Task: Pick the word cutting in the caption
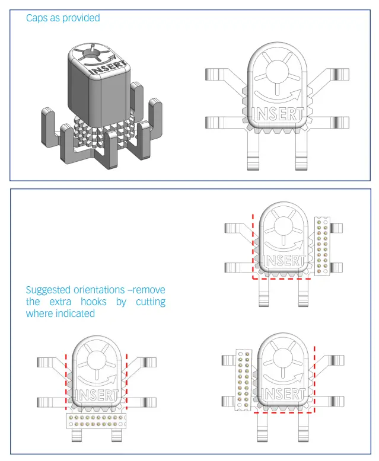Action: [149, 302]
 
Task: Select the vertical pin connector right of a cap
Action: [323, 246]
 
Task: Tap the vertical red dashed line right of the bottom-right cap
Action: [314, 379]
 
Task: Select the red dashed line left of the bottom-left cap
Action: [65, 379]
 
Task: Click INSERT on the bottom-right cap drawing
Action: [284, 395]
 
